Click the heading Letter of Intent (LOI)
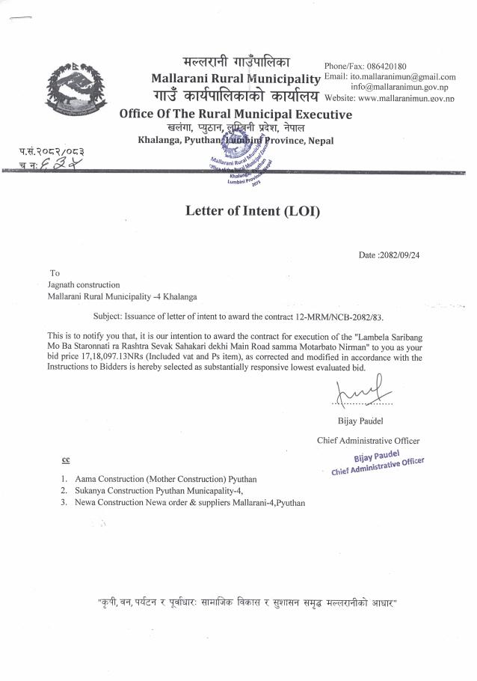252,211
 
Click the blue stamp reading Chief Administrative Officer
377,464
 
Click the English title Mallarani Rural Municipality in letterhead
236,79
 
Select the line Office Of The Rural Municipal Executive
236,114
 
